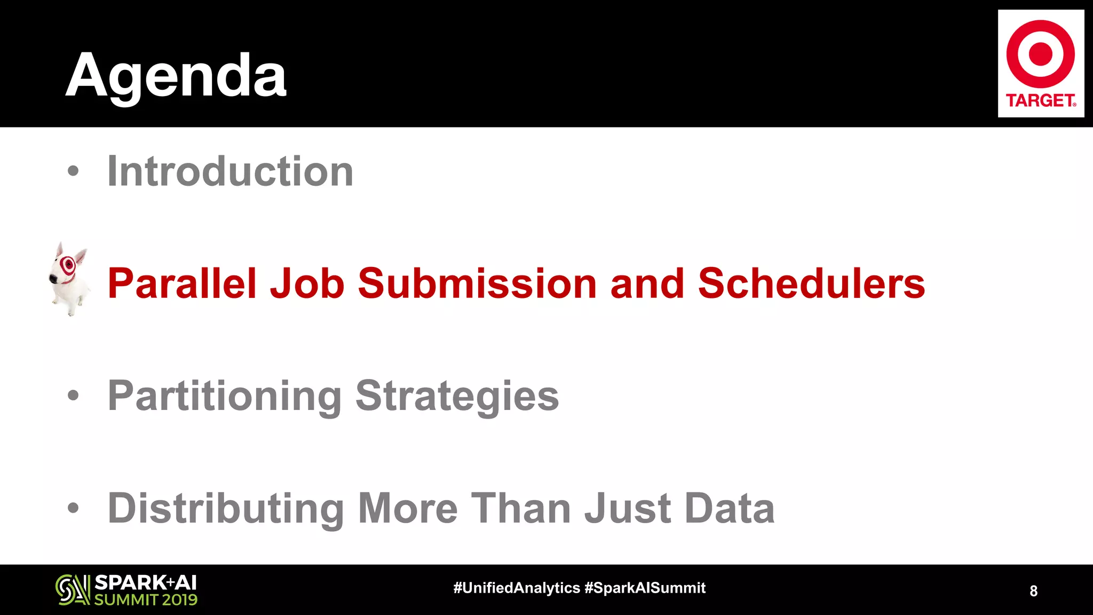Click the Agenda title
click(176, 76)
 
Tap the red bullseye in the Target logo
click(1040, 54)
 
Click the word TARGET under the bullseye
click(1040, 100)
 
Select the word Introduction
click(230, 171)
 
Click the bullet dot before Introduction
click(73, 172)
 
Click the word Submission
click(477, 283)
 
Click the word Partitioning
click(225, 396)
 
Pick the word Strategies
click(457, 396)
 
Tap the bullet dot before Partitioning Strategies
click(73, 396)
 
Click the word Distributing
click(226, 508)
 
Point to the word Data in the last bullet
click(730, 508)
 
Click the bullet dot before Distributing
click(73, 508)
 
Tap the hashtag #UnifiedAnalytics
click(516, 588)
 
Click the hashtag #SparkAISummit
click(645, 588)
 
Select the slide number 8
click(1033, 591)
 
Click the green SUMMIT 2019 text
click(146, 600)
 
